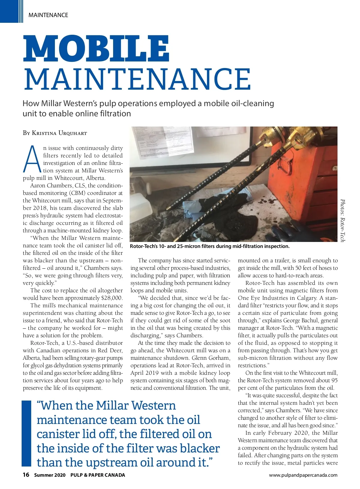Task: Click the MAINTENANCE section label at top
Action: [48, 15]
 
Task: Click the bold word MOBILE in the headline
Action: [96, 48]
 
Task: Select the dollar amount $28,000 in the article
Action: [112, 298]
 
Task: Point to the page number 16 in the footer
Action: [26, 475]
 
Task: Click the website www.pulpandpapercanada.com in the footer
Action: [303, 475]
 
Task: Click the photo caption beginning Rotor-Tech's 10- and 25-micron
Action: [210, 246]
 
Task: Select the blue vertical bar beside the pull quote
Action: [27, 433]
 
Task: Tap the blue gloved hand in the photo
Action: [303, 231]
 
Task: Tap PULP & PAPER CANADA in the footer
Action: [97, 475]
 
